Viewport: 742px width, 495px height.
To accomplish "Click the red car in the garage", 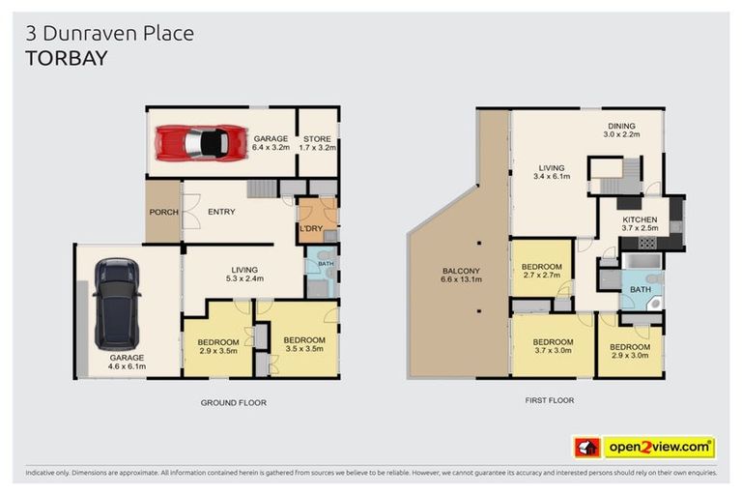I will (202, 143).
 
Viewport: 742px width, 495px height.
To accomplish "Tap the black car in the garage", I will (117, 304).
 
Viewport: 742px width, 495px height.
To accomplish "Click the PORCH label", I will (162, 213).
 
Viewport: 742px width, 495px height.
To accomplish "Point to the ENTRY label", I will (221, 213).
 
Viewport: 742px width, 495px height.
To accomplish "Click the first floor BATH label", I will (641, 288).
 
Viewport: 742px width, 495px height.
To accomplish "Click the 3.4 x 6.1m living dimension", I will (552, 176).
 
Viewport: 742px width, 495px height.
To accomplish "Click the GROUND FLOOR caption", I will (233, 402).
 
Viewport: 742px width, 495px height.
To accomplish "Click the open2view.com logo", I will (659, 447).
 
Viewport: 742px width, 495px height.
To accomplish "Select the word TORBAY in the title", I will (66, 57).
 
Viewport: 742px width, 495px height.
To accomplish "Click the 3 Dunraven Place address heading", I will (109, 33).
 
